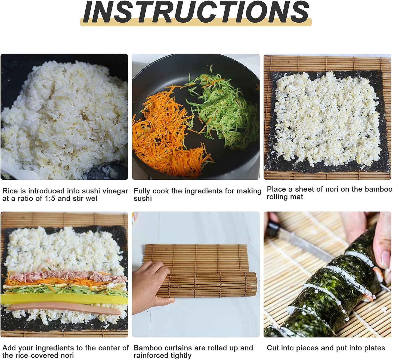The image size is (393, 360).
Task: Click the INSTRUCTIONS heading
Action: tap(196, 12)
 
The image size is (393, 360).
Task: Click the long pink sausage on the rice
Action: tap(65, 309)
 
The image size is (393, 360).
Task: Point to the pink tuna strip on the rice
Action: tap(67, 277)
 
